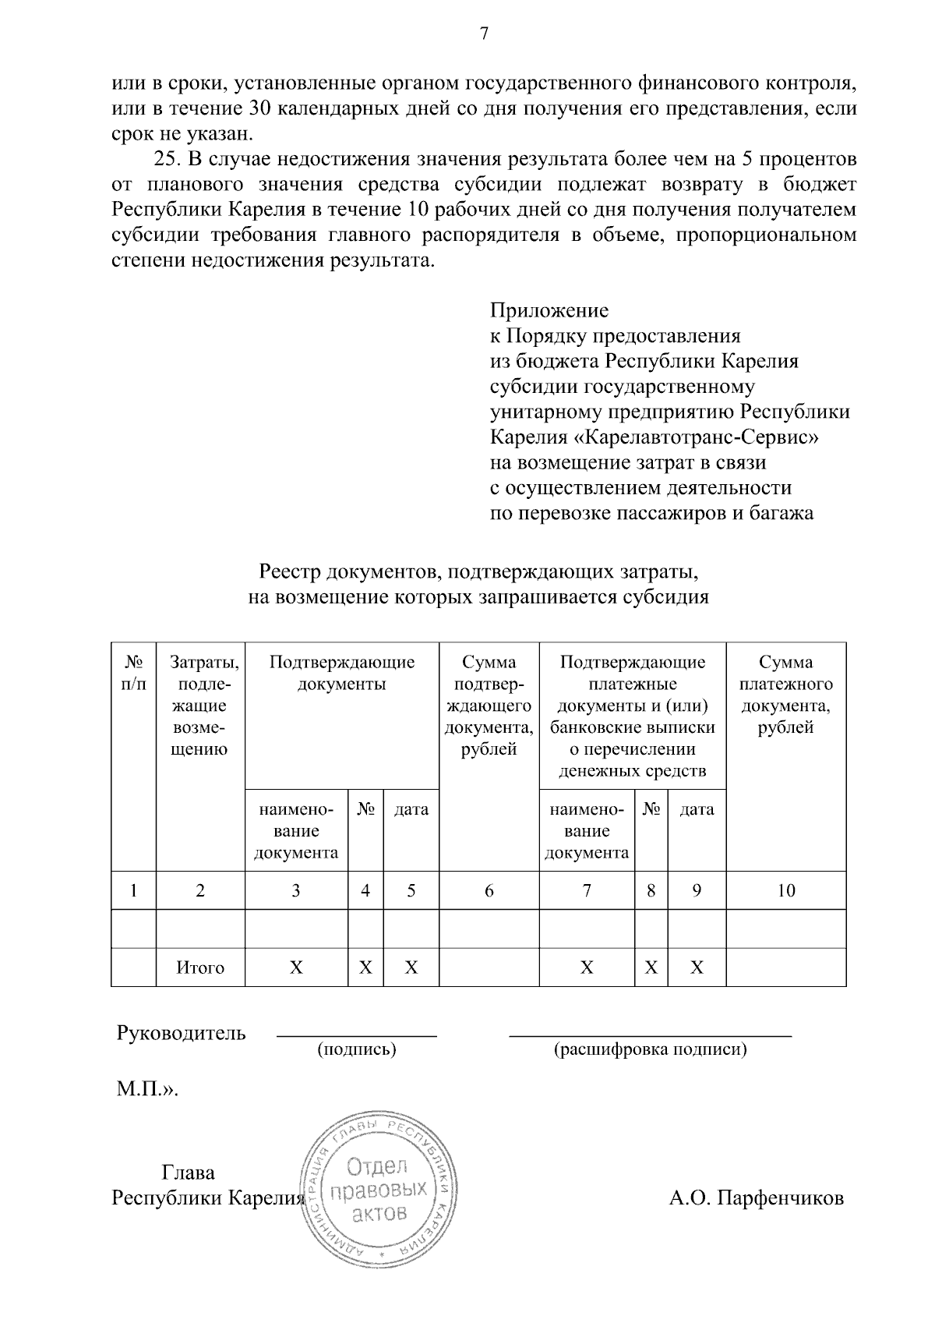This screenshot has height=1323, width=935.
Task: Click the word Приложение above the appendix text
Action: click(549, 311)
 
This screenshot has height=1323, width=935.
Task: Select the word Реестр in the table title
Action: click(288, 573)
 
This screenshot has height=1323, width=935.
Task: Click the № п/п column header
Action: click(133, 673)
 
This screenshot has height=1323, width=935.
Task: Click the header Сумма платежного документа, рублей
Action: click(785, 695)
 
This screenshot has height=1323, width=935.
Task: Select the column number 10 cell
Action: click(785, 890)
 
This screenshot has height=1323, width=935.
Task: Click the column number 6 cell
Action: click(489, 890)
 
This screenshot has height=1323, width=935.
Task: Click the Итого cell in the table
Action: click(200, 967)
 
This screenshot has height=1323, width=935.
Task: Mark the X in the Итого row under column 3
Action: click(296, 967)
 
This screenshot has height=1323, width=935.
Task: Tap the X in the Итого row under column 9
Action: click(697, 967)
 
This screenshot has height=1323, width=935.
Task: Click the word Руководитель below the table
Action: click(181, 1034)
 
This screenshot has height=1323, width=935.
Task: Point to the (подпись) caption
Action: click(357, 1049)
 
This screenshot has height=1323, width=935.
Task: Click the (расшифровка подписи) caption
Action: click(650, 1049)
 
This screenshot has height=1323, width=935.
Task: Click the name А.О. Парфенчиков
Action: click(756, 1197)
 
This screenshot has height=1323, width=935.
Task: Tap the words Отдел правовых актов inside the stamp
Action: click(379, 1190)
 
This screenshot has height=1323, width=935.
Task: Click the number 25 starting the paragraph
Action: click(168, 160)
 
